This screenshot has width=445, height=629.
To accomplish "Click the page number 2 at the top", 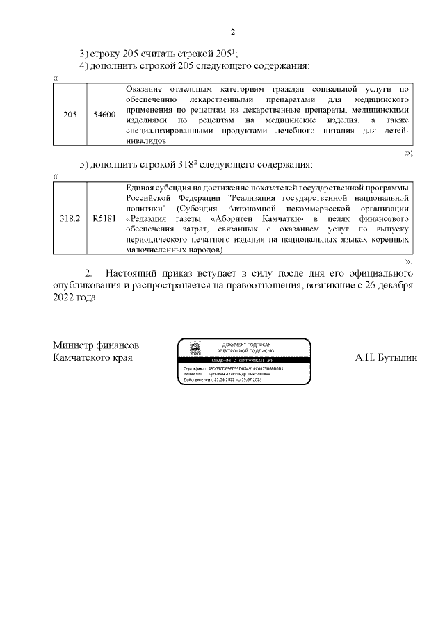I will click(233, 32).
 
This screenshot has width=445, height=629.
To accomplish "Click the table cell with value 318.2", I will click(70, 218).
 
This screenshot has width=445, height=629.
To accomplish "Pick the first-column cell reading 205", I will click(70, 115).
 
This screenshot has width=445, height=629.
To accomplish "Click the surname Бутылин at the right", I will click(396, 357).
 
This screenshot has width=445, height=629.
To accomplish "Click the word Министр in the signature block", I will click(73, 345).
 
